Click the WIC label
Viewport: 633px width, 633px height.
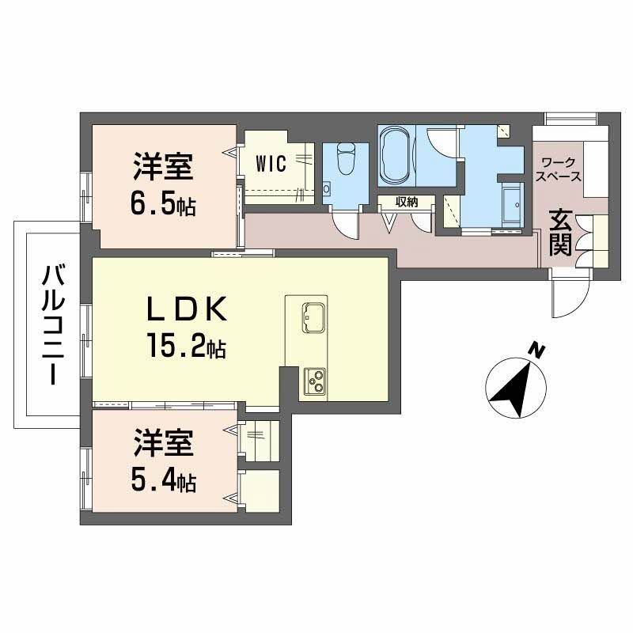pyautogui.click(x=271, y=163)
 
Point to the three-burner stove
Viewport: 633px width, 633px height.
pyautogui.click(x=316, y=383)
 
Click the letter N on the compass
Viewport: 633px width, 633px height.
pyautogui.click(x=537, y=350)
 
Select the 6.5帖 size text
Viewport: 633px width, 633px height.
pyautogui.click(x=165, y=206)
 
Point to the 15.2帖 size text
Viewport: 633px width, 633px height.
pyautogui.click(x=186, y=345)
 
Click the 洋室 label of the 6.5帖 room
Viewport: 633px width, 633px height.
pyautogui.click(x=164, y=169)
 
